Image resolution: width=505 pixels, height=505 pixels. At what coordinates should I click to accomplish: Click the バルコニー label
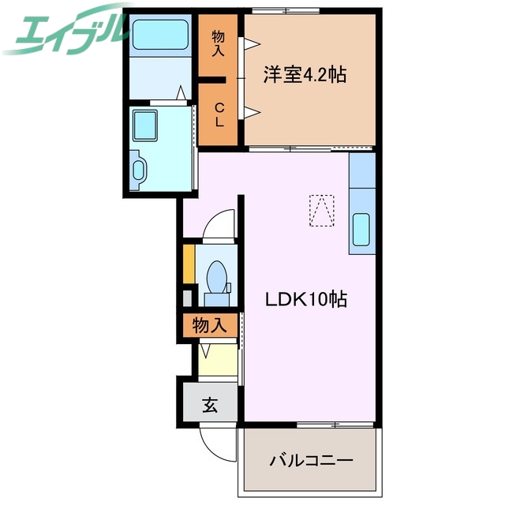(x=311, y=460)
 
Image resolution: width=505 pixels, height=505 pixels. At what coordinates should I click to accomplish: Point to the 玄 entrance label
(x=210, y=406)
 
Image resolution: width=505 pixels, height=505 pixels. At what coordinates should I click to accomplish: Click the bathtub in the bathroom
(x=161, y=35)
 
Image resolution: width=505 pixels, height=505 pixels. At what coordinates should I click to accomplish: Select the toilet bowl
(x=217, y=279)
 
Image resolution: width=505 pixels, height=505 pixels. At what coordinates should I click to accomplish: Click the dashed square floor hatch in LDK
(x=321, y=211)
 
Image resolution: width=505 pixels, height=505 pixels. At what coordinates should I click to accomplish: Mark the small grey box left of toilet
(x=188, y=298)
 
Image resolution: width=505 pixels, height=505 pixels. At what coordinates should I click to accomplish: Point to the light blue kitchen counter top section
(x=361, y=170)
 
